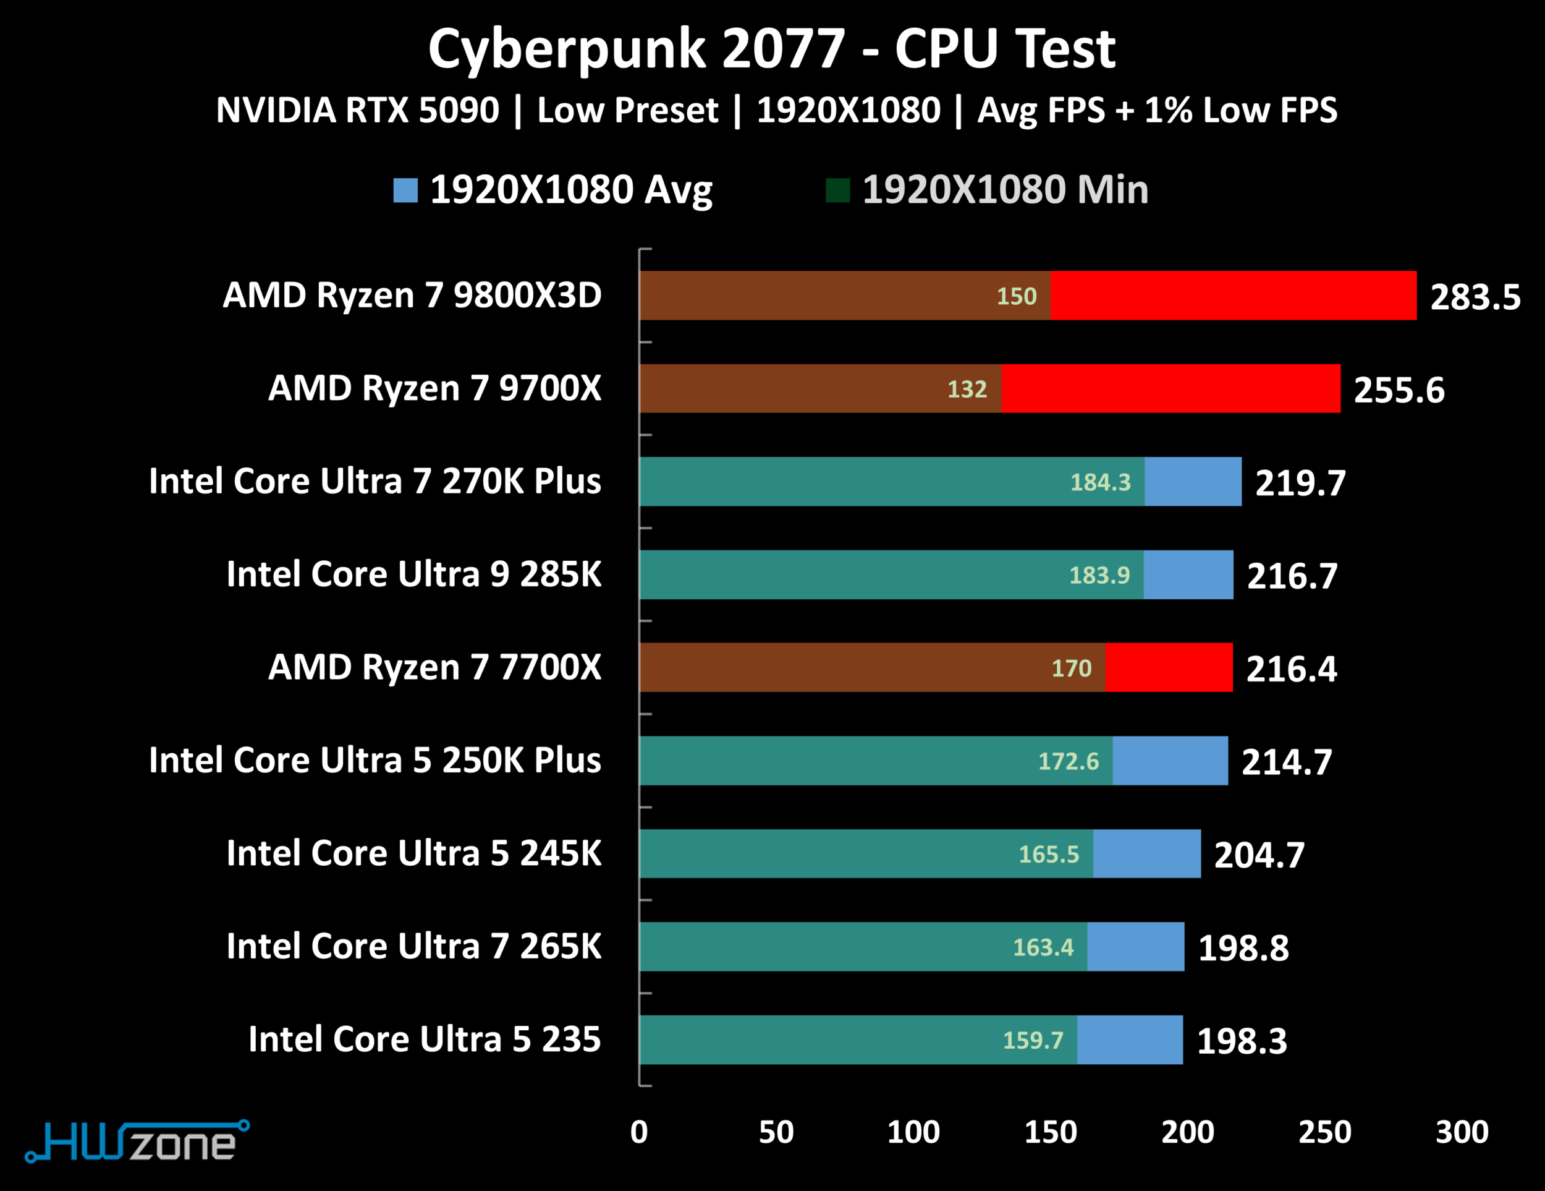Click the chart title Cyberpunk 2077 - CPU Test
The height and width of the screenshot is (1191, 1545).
pos(772,49)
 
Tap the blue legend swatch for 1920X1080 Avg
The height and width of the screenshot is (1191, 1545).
pos(405,190)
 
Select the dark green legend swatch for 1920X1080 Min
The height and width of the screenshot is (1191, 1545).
pos(837,190)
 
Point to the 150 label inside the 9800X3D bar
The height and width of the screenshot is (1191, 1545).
pos(1017,296)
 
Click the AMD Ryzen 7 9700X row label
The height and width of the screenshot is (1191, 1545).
pos(434,388)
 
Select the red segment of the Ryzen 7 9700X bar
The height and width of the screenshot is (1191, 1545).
pos(1170,388)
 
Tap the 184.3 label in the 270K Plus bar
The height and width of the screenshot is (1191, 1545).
pos(1100,482)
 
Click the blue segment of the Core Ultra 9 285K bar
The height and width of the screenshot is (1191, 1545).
pos(1188,574)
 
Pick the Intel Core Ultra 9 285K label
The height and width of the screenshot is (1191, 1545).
pos(414,574)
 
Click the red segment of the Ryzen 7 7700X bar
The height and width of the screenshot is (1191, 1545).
pos(1169,667)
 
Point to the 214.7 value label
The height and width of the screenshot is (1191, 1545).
pos(1287,762)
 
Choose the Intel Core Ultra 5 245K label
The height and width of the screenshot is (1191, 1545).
pos(414,853)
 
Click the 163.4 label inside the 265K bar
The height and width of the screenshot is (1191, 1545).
pos(1043,947)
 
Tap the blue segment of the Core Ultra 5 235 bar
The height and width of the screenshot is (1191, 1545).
pos(1130,1039)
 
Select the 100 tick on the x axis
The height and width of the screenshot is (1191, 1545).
pos(913,1132)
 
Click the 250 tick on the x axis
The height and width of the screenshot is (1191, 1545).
pos(1324,1132)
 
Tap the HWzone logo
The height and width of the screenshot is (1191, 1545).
pos(137,1141)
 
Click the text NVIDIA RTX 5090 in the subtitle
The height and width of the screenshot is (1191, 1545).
pos(357,111)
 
